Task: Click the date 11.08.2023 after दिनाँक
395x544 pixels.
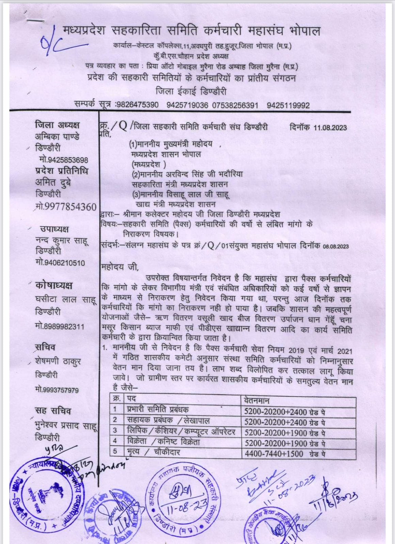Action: tap(330, 128)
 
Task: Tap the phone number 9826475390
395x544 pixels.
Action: tap(137, 105)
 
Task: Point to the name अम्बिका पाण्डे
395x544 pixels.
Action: tap(57, 136)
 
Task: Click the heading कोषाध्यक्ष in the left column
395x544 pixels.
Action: tap(53, 286)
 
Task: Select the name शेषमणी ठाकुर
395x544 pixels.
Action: tap(58, 361)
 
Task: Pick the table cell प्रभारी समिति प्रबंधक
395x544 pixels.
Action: tap(158, 410)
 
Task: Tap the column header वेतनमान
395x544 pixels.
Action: tap(257, 400)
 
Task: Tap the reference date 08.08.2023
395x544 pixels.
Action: tap(336, 246)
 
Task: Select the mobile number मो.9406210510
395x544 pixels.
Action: tap(60, 263)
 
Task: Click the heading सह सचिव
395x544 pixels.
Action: tap(53, 411)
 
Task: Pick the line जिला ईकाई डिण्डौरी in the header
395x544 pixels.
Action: tap(191, 92)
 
